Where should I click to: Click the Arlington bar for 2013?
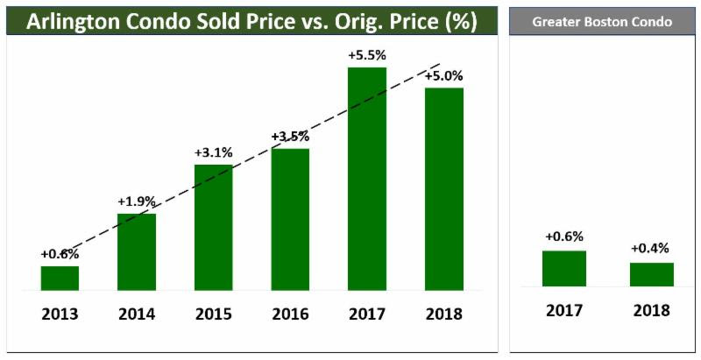[x=60, y=278]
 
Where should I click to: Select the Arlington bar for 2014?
[x=137, y=251]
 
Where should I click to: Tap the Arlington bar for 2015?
[x=214, y=227]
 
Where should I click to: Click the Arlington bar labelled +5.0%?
[x=444, y=188]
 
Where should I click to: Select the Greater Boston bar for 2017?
[x=564, y=268]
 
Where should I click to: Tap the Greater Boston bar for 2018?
[x=652, y=274]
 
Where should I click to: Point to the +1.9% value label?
[x=137, y=201]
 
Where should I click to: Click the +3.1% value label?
[x=214, y=152]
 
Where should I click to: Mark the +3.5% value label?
[x=290, y=137]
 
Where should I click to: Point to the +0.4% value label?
[x=650, y=248]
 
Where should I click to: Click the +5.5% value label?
[x=367, y=54]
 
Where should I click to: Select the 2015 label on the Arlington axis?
[x=214, y=313]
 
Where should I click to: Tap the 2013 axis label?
[x=60, y=313]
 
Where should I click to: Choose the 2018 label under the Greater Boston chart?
[x=652, y=309]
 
